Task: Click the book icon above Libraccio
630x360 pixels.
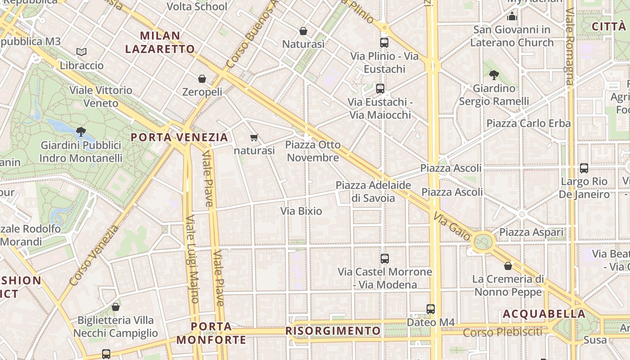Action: pos(81,52)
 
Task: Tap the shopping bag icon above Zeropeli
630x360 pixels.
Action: pos(202,79)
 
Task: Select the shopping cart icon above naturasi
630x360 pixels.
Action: pos(254,137)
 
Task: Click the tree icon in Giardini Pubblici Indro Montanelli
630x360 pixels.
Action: pos(81,132)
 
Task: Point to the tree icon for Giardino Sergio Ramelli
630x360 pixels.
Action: pos(494,75)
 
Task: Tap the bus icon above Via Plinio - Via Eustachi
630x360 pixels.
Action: pos(384,43)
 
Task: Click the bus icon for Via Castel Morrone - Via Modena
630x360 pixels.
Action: pos(385,259)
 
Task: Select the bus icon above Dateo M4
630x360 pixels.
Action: pos(431,309)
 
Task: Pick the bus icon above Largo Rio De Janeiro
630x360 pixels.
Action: pos(584,168)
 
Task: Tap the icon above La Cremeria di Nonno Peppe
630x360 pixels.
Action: pos(508,266)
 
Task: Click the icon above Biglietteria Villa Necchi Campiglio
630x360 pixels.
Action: pos(116,307)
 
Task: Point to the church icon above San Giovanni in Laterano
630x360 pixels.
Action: pos(512,17)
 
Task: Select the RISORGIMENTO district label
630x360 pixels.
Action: pos(333,331)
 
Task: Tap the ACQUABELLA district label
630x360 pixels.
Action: pos(544,314)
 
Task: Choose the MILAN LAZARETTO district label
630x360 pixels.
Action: pos(160,42)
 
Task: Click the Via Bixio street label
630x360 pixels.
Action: pos(301,211)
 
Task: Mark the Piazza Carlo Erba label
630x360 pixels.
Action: pos(528,123)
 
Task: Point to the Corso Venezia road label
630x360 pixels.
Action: pos(94,255)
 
